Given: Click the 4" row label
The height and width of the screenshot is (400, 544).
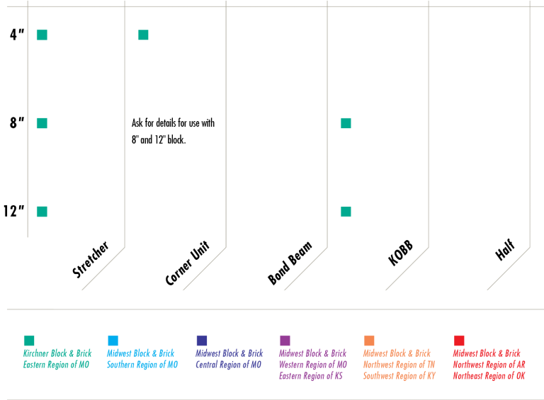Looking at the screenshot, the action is pyautogui.click(x=17, y=34).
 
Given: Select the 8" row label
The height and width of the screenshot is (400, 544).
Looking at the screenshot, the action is pyautogui.click(x=17, y=122).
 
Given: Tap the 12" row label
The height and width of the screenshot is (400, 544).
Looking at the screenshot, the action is pyautogui.click(x=13, y=211).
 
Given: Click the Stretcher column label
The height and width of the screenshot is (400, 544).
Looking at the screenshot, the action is pyautogui.click(x=91, y=260).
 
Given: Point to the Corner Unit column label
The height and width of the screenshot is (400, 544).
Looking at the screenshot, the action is pyautogui.click(x=188, y=263).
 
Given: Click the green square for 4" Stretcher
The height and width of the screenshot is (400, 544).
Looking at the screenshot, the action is pyautogui.click(x=42, y=35).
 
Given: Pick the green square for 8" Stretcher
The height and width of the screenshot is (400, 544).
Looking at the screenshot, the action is pyautogui.click(x=42, y=123).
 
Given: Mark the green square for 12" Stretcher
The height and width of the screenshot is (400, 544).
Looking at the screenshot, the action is pyautogui.click(x=42, y=212).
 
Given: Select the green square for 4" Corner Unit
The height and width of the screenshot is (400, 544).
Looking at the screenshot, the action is pyautogui.click(x=143, y=35).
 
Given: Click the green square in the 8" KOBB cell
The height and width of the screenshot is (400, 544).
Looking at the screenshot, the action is pyautogui.click(x=346, y=123).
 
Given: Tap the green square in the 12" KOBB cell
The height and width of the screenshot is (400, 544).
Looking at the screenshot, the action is pyautogui.click(x=346, y=212).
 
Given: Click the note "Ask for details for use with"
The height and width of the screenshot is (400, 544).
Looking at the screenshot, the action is pyautogui.click(x=173, y=123).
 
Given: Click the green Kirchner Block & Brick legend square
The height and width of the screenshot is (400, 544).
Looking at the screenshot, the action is pyautogui.click(x=29, y=341).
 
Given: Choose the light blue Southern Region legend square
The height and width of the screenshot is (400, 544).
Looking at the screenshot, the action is pyautogui.click(x=113, y=341).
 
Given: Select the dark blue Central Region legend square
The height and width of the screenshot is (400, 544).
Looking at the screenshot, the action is pyautogui.click(x=201, y=341).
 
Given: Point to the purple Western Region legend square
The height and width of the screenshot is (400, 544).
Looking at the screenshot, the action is pyautogui.click(x=285, y=341).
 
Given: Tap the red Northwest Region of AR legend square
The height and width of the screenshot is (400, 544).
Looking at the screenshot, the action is pyautogui.click(x=459, y=341).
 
